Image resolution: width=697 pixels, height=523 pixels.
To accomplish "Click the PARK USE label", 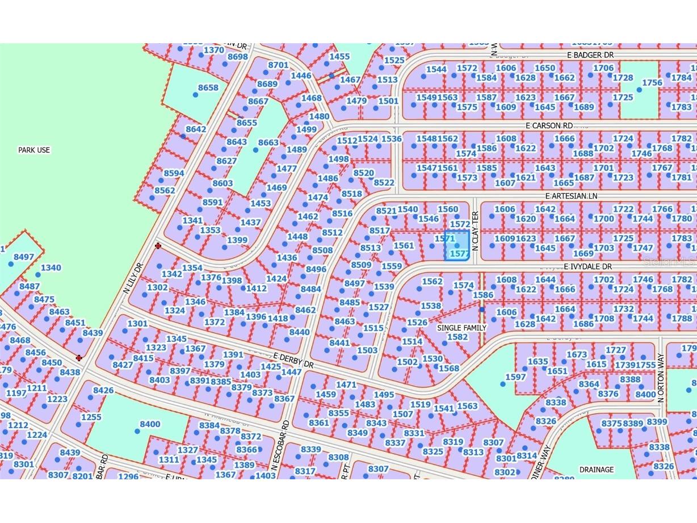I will click(x=34, y=150).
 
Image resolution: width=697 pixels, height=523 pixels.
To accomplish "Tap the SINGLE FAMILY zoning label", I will click(x=461, y=328).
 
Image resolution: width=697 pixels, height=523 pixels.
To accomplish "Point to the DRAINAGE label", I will click(x=596, y=470).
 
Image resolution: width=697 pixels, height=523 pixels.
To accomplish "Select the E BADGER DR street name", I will click(x=590, y=55).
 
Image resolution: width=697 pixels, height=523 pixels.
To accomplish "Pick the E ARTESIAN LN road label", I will click(x=571, y=196).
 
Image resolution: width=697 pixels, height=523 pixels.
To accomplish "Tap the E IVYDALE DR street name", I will click(x=587, y=266).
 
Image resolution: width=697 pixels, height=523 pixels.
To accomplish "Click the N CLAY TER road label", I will click(x=476, y=232).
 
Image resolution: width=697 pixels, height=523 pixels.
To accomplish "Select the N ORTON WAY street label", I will click(x=661, y=378).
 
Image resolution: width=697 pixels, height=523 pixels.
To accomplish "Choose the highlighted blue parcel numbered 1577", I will click(x=457, y=246).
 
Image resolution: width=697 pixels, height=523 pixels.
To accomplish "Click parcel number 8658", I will click(x=208, y=87).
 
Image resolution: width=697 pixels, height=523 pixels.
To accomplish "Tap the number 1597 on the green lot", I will click(x=515, y=377).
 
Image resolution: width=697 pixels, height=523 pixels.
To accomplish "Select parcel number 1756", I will click(x=652, y=82).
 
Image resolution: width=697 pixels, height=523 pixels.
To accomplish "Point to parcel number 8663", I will click(x=268, y=143).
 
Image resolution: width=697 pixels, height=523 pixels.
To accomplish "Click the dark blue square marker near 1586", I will click(x=482, y=309).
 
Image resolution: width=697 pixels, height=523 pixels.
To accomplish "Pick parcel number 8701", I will click(x=278, y=65).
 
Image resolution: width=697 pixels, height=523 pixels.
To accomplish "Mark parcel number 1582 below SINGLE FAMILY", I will click(x=457, y=337).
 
